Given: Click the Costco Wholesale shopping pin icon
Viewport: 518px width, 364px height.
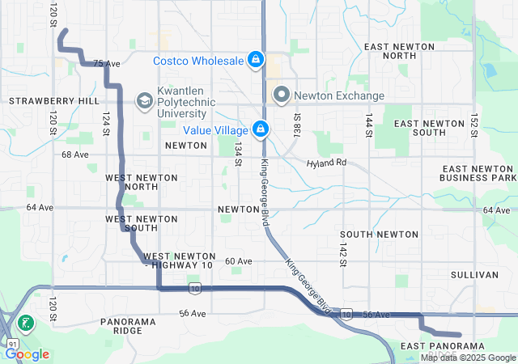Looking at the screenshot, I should click(x=256, y=61).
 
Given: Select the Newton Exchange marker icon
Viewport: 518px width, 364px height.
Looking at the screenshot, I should click(x=282, y=95).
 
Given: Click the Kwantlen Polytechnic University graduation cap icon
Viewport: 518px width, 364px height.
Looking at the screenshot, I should click(x=144, y=100).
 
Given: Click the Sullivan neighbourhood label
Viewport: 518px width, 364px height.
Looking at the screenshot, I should click(x=473, y=275).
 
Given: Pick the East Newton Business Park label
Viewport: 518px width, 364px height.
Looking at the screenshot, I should click(x=478, y=172).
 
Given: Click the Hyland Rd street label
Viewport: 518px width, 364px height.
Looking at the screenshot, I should click(x=326, y=163).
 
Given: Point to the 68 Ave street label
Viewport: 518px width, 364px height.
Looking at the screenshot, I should click(x=74, y=154).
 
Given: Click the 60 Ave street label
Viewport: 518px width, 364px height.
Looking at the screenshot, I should click(x=239, y=261).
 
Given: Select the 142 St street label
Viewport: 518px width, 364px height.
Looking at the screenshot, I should click(x=343, y=252).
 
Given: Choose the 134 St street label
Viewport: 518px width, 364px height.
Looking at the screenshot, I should click(x=238, y=154).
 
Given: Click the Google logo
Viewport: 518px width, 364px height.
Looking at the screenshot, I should click(x=27, y=353).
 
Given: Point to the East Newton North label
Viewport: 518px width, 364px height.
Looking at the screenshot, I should click(x=401, y=51).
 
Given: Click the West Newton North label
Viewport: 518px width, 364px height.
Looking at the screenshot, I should click(x=131, y=181).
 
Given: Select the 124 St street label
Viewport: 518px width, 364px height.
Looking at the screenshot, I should click(x=104, y=123).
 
